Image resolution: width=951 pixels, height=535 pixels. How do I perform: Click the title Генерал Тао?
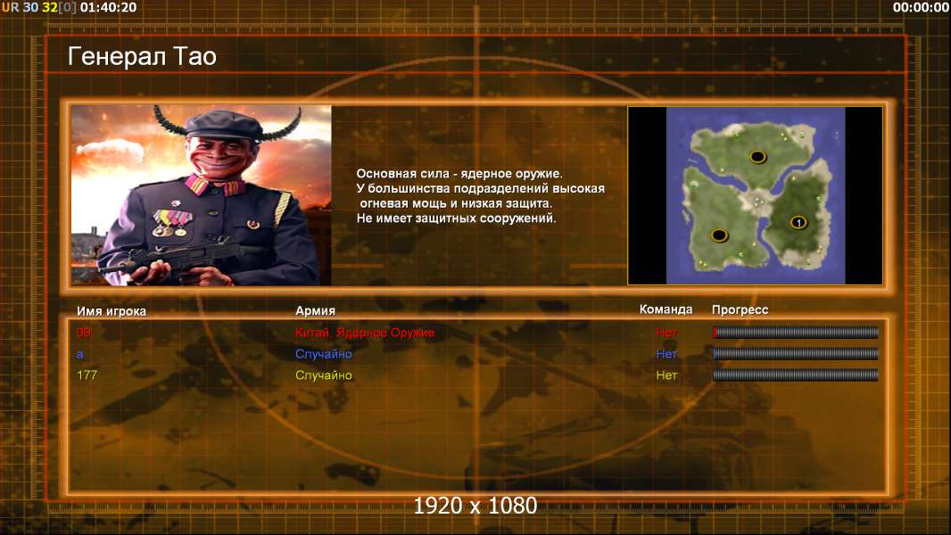point(142,56)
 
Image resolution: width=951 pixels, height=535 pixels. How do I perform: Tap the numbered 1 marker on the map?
point(798,223)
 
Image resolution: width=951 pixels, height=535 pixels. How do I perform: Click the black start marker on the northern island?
point(757,157)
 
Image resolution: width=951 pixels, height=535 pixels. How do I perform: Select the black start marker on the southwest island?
point(719,235)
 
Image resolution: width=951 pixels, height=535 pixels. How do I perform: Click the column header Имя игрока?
point(111,311)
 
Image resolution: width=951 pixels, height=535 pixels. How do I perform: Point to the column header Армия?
point(316,311)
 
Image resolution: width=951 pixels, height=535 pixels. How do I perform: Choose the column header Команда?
point(666,309)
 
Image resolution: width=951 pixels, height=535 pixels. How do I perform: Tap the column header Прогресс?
point(740,309)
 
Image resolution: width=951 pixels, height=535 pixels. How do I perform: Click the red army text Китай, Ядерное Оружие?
point(365,333)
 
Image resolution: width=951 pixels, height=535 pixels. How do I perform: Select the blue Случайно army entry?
point(323,354)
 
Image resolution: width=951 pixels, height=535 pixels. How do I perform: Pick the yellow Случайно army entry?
point(323,375)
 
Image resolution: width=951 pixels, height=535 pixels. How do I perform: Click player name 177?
point(87,375)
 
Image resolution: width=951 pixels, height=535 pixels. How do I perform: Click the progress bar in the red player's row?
point(796,332)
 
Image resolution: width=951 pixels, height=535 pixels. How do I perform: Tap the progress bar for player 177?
point(796,375)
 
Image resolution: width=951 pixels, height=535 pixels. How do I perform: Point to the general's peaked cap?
point(223,124)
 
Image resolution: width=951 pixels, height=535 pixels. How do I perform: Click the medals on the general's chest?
point(171,223)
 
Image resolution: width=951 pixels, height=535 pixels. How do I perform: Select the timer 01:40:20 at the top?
point(108,7)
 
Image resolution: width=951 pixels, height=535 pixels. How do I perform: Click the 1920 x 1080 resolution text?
point(475,506)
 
